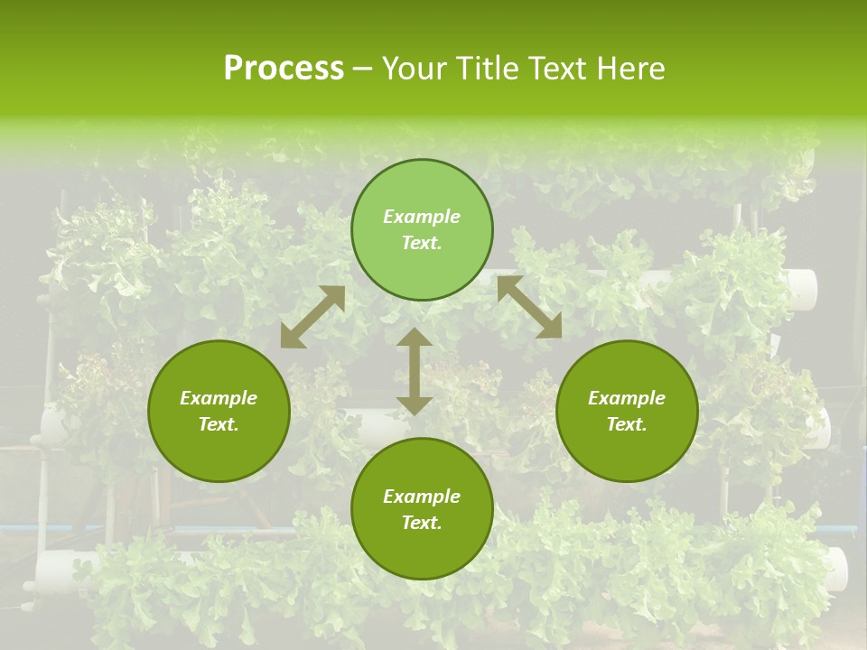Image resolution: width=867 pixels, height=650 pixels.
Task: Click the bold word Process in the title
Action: pyautogui.click(x=284, y=69)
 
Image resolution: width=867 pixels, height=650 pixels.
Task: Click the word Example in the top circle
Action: pyautogui.click(x=422, y=217)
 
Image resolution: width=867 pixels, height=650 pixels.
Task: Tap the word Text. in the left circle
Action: pyautogui.click(x=219, y=424)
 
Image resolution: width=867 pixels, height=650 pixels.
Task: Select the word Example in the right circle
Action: pyautogui.click(x=627, y=398)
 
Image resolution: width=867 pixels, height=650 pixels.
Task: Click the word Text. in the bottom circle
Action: pyautogui.click(x=422, y=523)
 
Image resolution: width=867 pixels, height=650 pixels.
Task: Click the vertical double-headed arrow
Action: pyautogui.click(x=415, y=371)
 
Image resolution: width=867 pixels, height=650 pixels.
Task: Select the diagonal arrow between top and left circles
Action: pyautogui.click(x=312, y=317)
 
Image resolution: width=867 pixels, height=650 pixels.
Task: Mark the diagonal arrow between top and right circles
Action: pyautogui.click(x=529, y=307)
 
